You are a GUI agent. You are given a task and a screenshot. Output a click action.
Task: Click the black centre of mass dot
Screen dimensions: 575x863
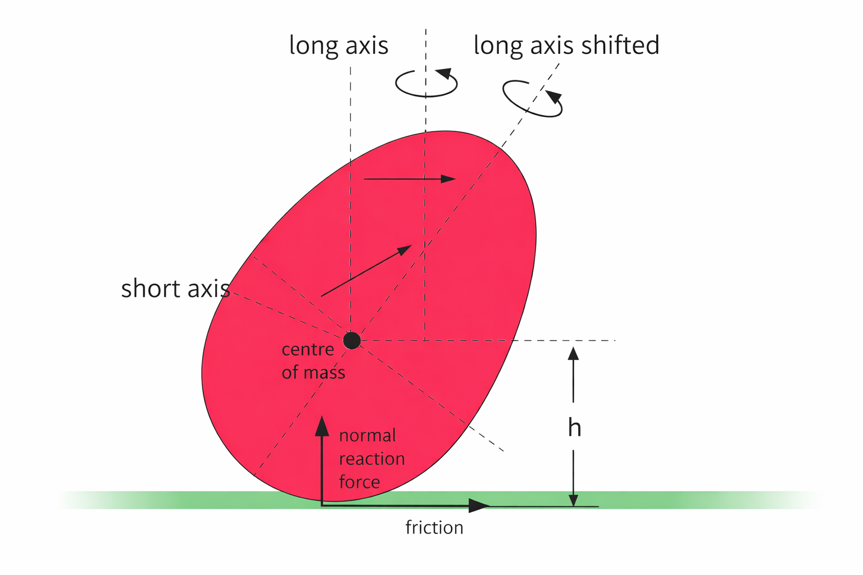tap(352, 340)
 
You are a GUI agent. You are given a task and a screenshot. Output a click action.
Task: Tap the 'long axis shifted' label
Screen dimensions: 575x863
tap(566, 45)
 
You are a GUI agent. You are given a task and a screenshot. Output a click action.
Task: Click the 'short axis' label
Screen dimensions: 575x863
tap(175, 289)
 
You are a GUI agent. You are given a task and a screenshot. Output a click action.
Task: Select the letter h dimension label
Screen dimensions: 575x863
tap(574, 428)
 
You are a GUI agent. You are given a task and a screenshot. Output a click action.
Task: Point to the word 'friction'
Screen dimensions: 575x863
tap(434, 528)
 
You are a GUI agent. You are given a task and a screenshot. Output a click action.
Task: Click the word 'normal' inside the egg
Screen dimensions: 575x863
tap(367, 436)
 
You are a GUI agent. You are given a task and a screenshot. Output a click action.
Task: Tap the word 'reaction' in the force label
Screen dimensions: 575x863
tap(372, 459)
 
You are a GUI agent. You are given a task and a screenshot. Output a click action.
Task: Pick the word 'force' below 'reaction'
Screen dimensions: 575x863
tap(360, 482)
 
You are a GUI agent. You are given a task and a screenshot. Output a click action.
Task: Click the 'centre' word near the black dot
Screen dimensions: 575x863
tap(308, 349)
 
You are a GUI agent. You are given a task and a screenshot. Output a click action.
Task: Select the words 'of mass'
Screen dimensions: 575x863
tap(314, 372)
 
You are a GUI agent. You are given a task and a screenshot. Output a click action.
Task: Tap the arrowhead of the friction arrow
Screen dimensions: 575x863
tap(479, 506)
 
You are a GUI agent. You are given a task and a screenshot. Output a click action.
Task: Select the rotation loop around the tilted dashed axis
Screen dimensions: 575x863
tap(532, 99)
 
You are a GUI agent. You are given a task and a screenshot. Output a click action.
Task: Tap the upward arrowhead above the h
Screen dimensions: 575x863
tap(573, 353)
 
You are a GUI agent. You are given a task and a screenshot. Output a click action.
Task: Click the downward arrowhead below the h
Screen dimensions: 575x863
tap(573, 500)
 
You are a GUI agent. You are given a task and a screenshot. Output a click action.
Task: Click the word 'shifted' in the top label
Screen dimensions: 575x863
tap(620, 45)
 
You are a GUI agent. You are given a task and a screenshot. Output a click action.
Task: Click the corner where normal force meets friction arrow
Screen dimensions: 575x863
tap(322, 505)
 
